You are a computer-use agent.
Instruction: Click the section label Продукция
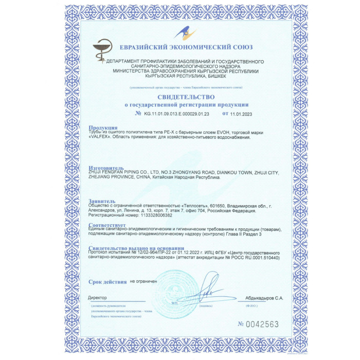[103, 128]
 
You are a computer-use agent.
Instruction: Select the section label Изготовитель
[106, 168]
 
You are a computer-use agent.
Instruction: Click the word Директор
[97, 298]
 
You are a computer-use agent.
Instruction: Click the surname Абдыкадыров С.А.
[264, 298]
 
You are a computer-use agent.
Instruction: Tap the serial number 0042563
[262, 325]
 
